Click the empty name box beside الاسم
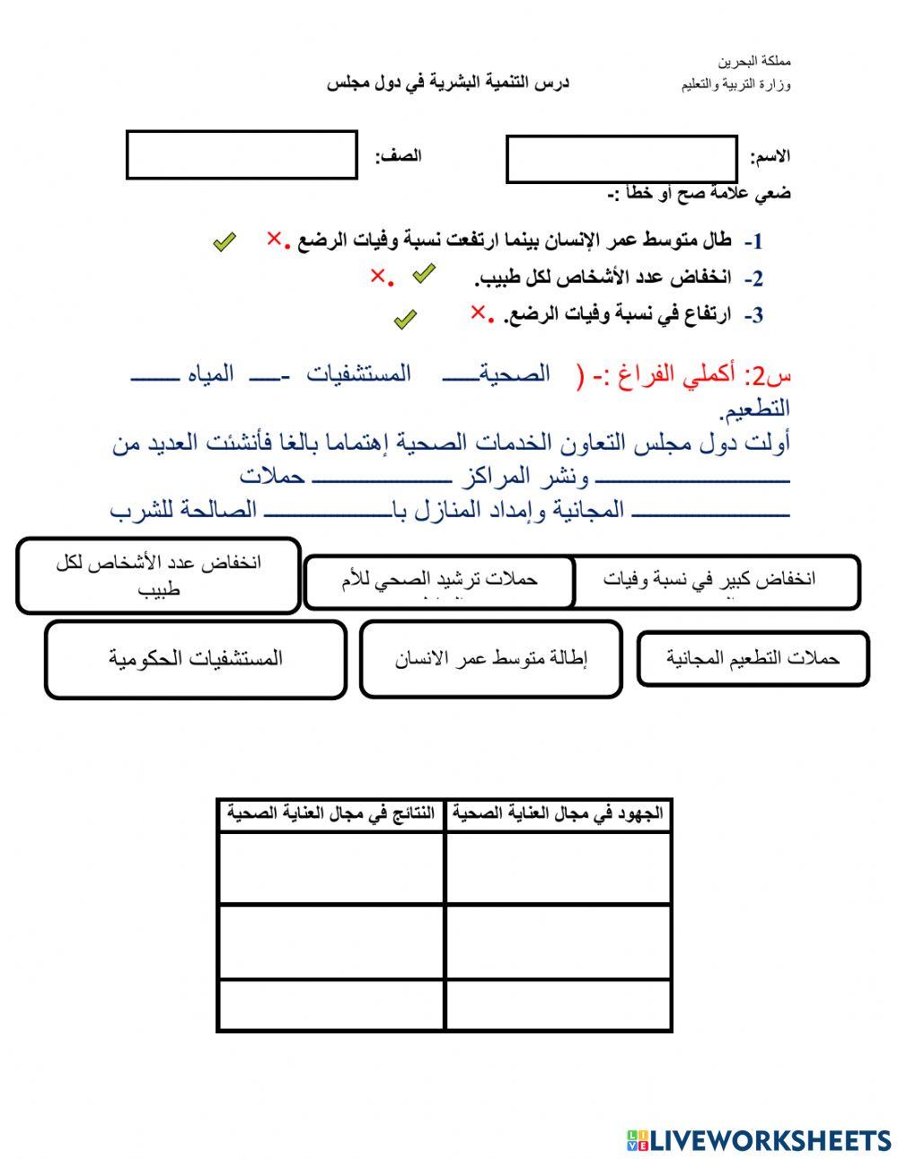click(x=621, y=160)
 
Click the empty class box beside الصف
click(x=242, y=155)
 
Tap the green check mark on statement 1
click(x=224, y=241)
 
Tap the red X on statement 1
click(x=273, y=239)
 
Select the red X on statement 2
click(x=377, y=277)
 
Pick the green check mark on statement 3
click(x=406, y=319)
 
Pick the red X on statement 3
click(x=478, y=312)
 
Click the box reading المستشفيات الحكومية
click(x=196, y=659)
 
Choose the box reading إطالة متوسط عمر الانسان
click(x=490, y=659)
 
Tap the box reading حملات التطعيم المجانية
click(x=753, y=659)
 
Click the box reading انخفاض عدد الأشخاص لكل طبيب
click(x=158, y=575)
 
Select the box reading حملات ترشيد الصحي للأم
click(x=439, y=581)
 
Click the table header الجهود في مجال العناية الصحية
click(x=558, y=813)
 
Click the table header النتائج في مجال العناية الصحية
click(x=330, y=813)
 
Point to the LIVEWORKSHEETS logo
click(x=759, y=1140)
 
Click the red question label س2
click(x=770, y=374)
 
